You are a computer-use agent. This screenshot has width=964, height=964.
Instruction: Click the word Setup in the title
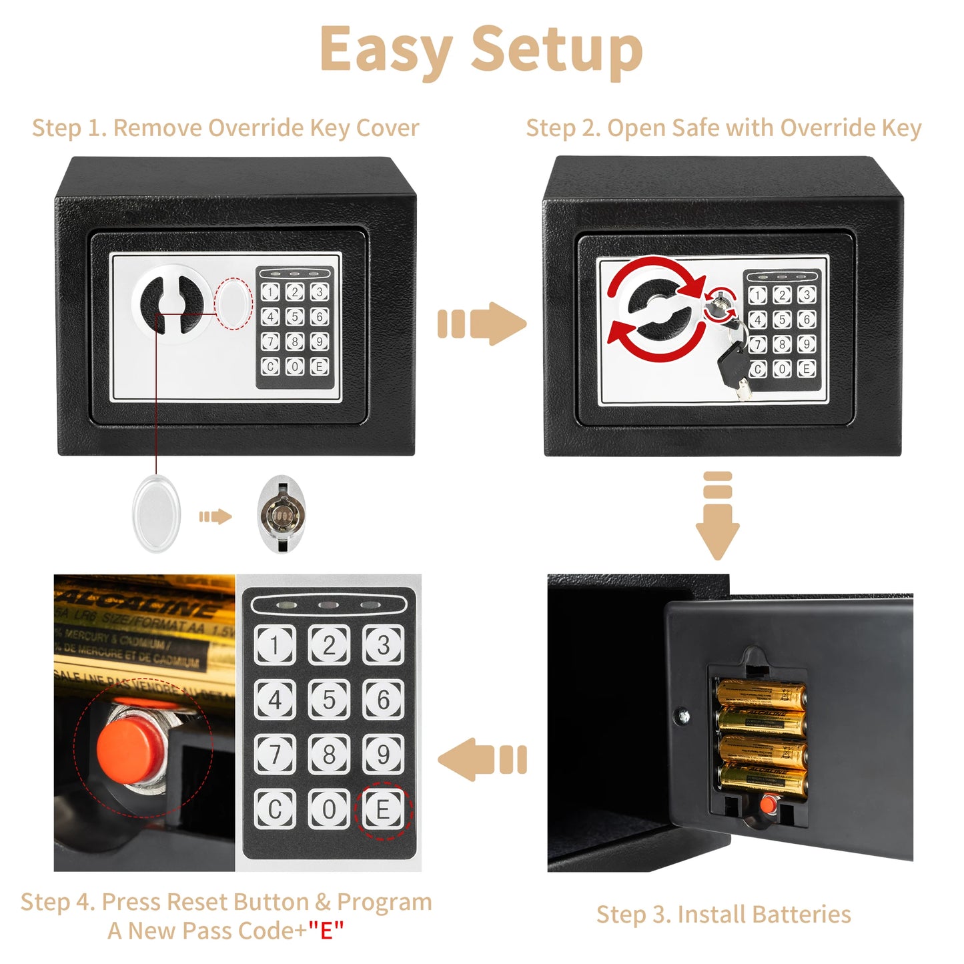pyautogui.click(x=557, y=50)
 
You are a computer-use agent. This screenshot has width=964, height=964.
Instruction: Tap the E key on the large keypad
pyautogui.click(x=383, y=810)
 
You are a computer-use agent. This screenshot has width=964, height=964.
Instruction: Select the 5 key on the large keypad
pyautogui.click(x=329, y=700)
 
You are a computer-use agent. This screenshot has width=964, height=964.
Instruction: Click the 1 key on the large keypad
pyautogui.click(x=275, y=645)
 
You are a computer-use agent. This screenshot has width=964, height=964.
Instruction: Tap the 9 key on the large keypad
pyautogui.click(x=383, y=755)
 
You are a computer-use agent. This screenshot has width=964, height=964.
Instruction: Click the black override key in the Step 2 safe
pyautogui.click(x=733, y=361)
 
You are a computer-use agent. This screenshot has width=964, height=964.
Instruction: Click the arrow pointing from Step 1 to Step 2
pyautogui.click(x=482, y=324)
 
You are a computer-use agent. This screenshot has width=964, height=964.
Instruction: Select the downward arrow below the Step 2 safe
pyautogui.click(x=717, y=517)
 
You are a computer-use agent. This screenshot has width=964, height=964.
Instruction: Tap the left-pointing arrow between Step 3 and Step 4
pyautogui.click(x=482, y=759)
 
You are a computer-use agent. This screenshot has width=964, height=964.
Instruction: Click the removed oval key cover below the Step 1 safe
pyautogui.click(x=157, y=514)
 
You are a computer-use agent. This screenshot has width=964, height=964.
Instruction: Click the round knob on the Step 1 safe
pyautogui.click(x=173, y=304)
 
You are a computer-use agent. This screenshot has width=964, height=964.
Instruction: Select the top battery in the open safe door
pyautogui.click(x=761, y=694)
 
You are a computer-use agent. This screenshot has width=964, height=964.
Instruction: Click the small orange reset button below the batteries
pyautogui.click(x=768, y=805)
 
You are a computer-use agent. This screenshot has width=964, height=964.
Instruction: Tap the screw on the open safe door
pyautogui.click(x=682, y=716)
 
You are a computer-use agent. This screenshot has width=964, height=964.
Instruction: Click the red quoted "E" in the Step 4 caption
pyautogui.click(x=326, y=930)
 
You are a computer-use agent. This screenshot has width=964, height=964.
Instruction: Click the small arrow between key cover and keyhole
pyautogui.click(x=215, y=516)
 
